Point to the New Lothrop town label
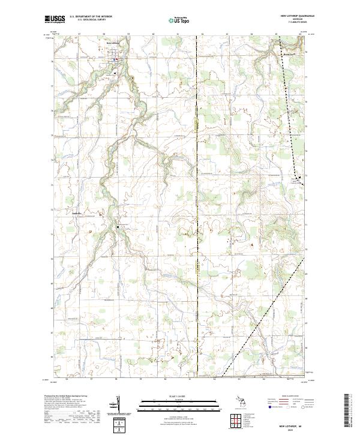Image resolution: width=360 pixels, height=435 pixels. [x=113, y=43]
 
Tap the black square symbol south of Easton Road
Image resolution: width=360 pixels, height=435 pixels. [x=118, y=227]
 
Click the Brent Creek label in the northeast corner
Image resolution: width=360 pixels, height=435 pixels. [x=289, y=53]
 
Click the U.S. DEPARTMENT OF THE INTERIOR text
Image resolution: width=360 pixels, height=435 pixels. [x=89, y=17]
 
